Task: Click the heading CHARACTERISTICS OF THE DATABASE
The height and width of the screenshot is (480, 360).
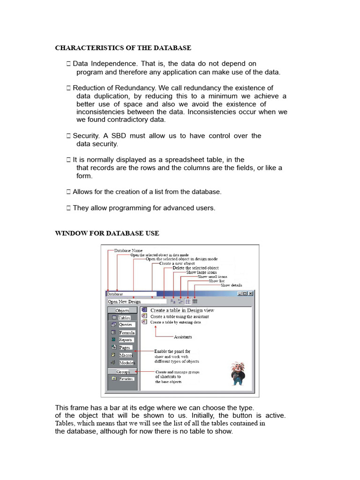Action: click(123, 48)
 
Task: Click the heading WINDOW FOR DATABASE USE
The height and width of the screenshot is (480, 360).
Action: click(107, 233)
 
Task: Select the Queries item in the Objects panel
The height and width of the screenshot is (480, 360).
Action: click(126, 324)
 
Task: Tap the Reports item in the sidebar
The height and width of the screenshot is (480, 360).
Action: click(125, 340)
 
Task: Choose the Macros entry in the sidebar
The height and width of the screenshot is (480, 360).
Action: click(125, 355)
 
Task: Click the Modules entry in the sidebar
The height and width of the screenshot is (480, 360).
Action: click(126, 363)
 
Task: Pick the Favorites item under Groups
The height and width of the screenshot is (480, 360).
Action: click(126, 379)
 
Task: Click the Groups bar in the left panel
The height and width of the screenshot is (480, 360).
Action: click(123, 371)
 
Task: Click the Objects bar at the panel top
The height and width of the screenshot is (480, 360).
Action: click(122, 310)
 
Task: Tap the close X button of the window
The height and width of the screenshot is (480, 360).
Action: click(251, 294)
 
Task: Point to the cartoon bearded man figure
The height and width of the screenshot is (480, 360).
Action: click(239, 373)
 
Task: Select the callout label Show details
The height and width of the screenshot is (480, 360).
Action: click(238, 285)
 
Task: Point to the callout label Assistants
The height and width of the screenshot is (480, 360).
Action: click(182, 337)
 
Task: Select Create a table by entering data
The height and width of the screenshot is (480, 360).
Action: click(176, 322)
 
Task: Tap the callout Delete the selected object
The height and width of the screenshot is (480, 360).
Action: click(195, 268)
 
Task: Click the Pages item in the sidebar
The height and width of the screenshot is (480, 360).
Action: click(124, 348)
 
